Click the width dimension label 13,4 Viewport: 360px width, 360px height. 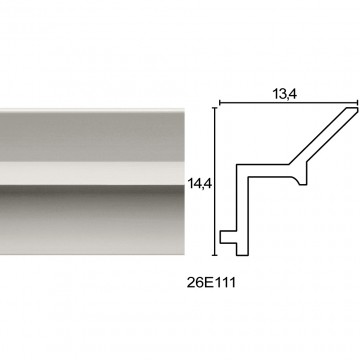tap(285, 94)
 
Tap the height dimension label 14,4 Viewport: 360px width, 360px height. tap(199, 183)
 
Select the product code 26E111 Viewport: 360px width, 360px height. tap(211, 283)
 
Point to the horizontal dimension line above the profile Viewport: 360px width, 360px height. tap(289, 103)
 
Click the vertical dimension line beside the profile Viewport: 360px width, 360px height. tap(215, 182)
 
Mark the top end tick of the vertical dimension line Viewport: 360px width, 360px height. tap(215, 108)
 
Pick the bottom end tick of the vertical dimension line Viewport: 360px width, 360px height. tap(215, 255)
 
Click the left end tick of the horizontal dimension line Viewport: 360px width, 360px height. tap(220, 103)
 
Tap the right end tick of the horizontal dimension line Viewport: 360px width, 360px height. tap(357, 103)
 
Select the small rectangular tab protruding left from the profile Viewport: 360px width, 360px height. tap(228, 237)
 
